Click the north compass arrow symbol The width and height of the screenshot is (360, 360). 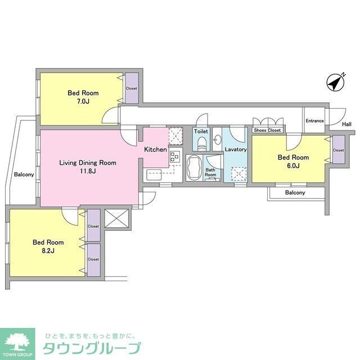click(x=335, y=83)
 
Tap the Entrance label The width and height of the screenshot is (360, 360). click(x=314, y=120)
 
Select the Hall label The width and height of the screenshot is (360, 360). click(x=346, y=124)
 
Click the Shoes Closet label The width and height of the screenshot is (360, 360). click(x=267, y=130)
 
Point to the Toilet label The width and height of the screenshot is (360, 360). click(x=201, y=131)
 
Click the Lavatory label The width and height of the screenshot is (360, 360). click(x=236, y=150)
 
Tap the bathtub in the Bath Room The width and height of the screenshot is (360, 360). click(x=193, y=168)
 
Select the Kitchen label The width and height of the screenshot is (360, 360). click(x=155, y=150)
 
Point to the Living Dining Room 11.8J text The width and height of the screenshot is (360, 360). click(x=88, y=167)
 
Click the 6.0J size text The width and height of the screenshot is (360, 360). click(x=293, y=166)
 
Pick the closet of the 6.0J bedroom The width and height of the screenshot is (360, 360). click(x=338, y=151)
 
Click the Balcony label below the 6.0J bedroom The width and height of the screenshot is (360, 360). click(x=295, y=193)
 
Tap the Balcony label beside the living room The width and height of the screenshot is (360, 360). click(x=24, y=174)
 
